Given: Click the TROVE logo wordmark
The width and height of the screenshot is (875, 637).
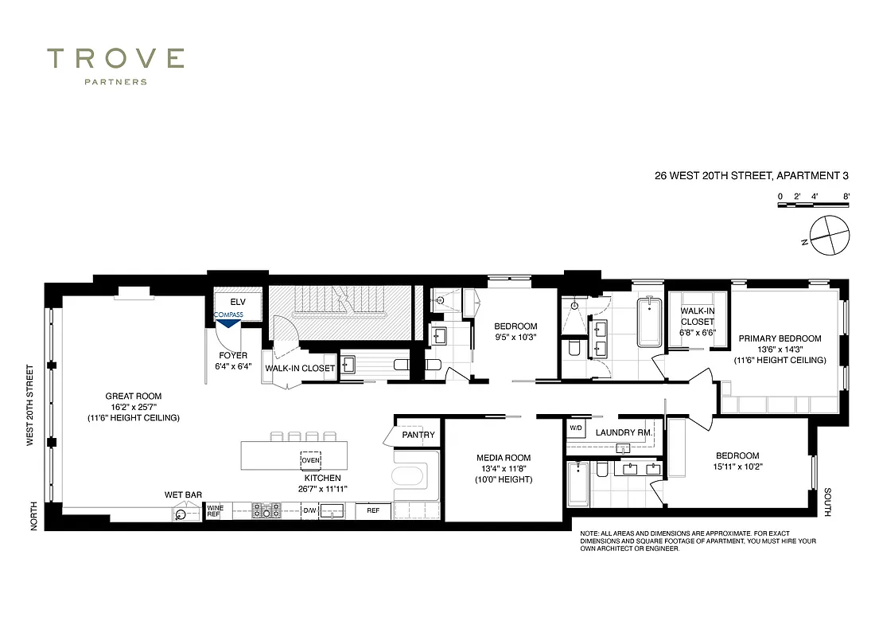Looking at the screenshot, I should click(x=116, y=59).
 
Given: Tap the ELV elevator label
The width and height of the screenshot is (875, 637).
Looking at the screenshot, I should click(x=238, y=303).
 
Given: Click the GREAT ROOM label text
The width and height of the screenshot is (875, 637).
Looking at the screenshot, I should click(x=134, y=396).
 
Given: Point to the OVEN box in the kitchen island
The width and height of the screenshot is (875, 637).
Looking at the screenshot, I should click(x=310, y=459).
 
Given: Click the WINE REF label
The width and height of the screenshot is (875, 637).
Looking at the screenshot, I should click(x=214, y=511).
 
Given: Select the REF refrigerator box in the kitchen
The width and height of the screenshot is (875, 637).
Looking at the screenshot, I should click(x=373, y=510).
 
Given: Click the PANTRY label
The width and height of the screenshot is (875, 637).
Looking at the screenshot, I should click(x=418, y=435).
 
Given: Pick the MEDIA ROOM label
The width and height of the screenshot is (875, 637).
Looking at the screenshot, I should click(x=503, y=458).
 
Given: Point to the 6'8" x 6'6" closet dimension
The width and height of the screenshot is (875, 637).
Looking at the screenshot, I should click(x=697, y=333).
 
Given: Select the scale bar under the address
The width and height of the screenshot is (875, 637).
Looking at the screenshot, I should click(x=814, y=205).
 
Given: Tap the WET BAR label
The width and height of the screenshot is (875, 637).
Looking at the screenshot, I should click(x=183, y=494).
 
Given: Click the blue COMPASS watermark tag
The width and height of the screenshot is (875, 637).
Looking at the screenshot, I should click(x=228, y=315).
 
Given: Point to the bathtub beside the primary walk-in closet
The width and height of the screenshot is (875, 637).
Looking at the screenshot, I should click(x=649, y=322).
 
